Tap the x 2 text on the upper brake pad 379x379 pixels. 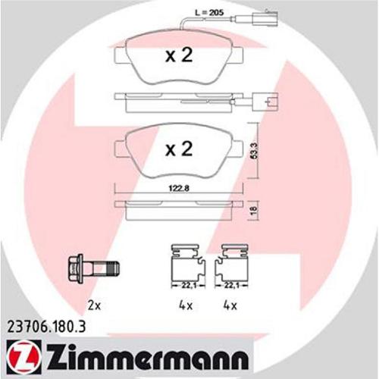[179, 55]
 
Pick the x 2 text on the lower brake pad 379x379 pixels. [179, 149]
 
